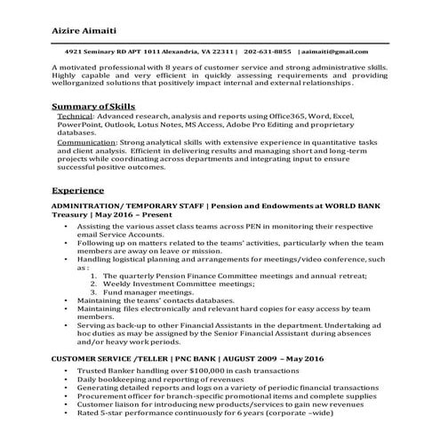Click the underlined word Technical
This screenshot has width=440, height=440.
(x=75, y=117)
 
